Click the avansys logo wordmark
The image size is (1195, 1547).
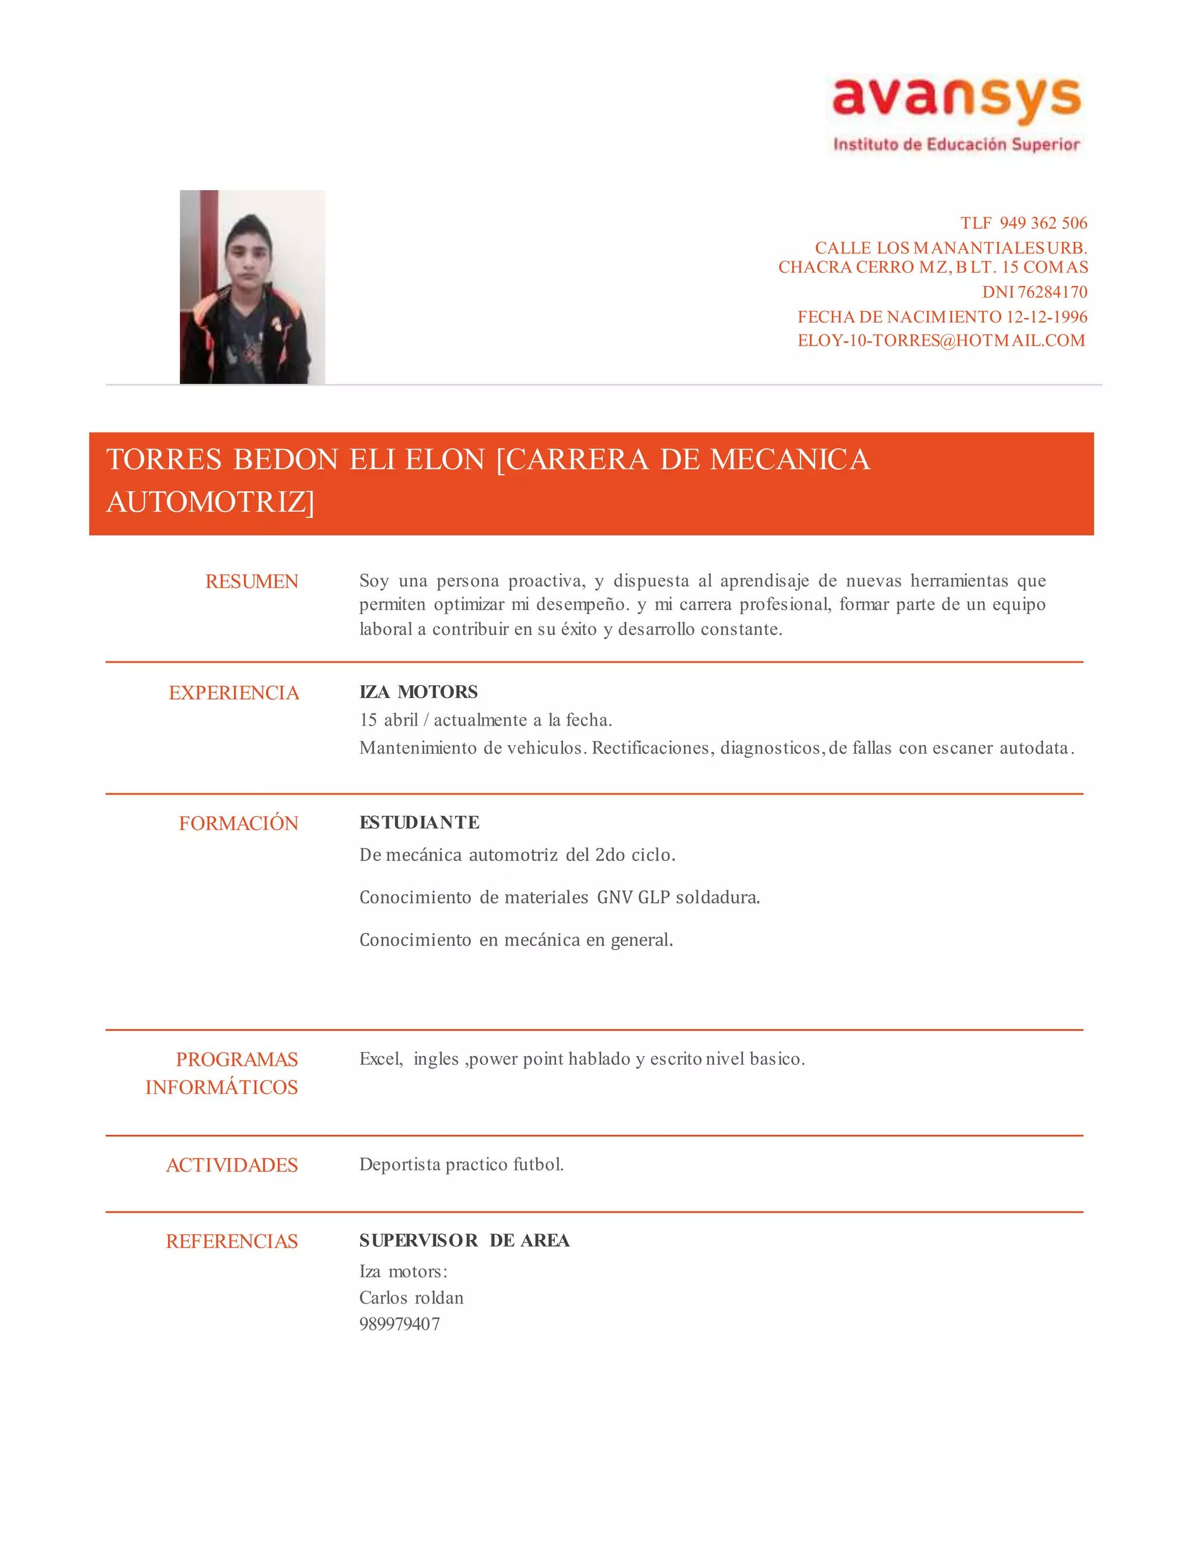[x=956, y=97]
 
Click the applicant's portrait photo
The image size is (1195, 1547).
[x=252, y=287]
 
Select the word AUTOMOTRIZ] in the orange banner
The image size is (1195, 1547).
[x=210, y=502]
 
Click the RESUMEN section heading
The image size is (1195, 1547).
[x=251, y=581]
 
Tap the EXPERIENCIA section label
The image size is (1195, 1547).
[x=233, y=693]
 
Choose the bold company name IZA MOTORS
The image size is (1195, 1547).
[x=418, y=692]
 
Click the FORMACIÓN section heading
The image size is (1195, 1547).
[x=239, y=823]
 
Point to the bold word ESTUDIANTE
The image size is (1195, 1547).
[x=419, y=823]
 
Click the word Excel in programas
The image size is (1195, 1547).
[x=381, y=1059]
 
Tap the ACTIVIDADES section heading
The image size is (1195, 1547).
[x=232, y=1165]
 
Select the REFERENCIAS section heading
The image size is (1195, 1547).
[x=232, y=1242]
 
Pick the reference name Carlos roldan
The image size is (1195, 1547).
[x=411, y=1298]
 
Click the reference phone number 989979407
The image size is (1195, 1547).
[x=399, y=1324]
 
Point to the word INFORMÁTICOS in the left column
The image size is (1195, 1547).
[x=222, y=1088]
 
